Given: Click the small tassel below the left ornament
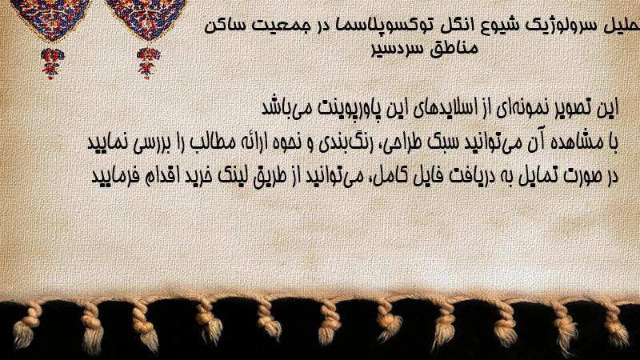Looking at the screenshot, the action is point(52,63).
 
